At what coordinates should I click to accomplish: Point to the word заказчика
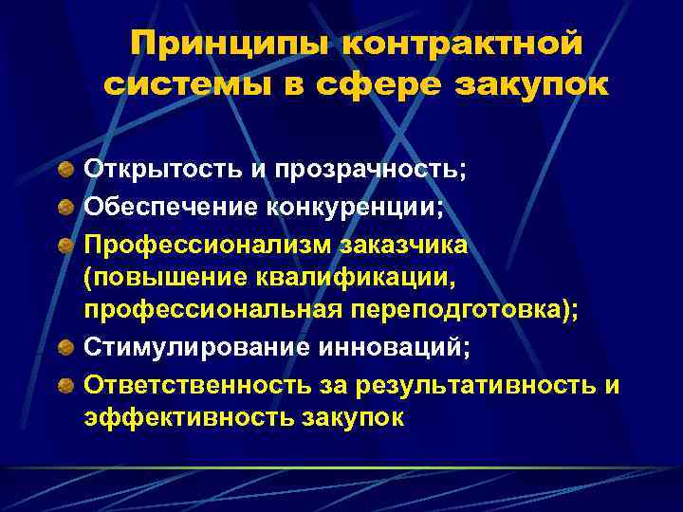[x=398, y=247]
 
